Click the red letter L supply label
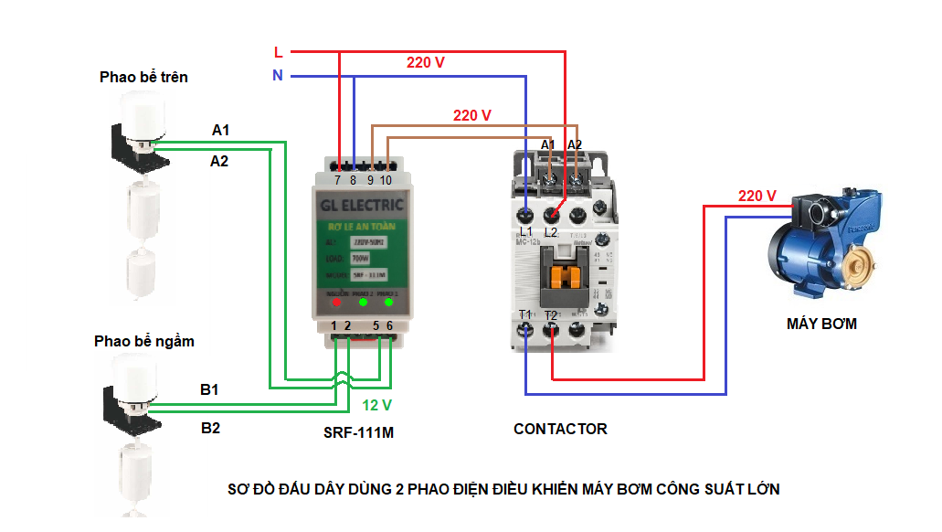tap(278, 52)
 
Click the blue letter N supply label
tap(278, 76)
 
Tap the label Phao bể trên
tap(143, 77)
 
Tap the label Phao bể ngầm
tap(143, 342)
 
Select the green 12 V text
tap(376, 405)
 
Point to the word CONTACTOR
tap(560, 429)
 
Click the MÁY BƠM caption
tap(821, 324)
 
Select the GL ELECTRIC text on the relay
tap(363, 205)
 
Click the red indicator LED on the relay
tap(338, 301)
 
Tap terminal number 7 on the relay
tap(339, 181)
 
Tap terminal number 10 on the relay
tap(386, 181)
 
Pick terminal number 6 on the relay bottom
tap(390, 326)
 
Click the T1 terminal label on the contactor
tap(525, 315)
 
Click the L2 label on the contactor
tap(550, 232)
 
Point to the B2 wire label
tap(210, 428)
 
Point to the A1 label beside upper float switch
tap(220, 131)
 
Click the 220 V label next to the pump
tap(757, 196)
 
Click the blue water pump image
tap(820, 247)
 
